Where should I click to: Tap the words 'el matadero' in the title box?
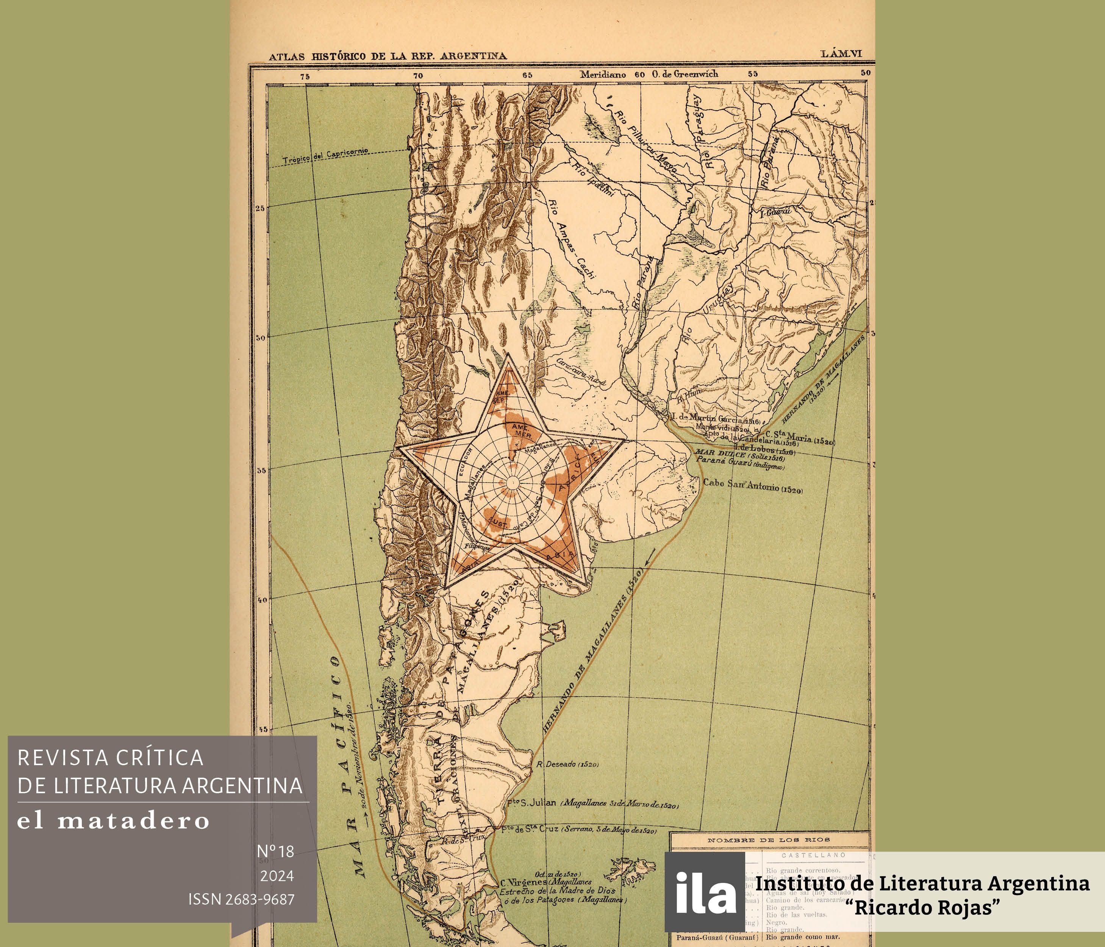(x=113, y=820)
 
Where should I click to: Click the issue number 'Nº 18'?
(x=275, y=852)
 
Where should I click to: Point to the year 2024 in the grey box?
(x=277, y=875)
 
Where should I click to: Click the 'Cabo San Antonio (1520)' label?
(x=752, y=486)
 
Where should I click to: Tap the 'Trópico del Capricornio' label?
(x=325, y=156)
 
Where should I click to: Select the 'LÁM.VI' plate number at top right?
(x=841, y=54)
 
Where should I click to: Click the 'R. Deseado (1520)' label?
(x=567, y=764)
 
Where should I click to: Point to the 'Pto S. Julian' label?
(x=531, y=803)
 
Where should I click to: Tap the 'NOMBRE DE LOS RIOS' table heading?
(x=769, y=840)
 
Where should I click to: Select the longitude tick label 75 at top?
(x=305, y=76)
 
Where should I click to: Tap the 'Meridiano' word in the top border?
(x=603, y=75)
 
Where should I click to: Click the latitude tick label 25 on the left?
(x=260, y=208)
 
